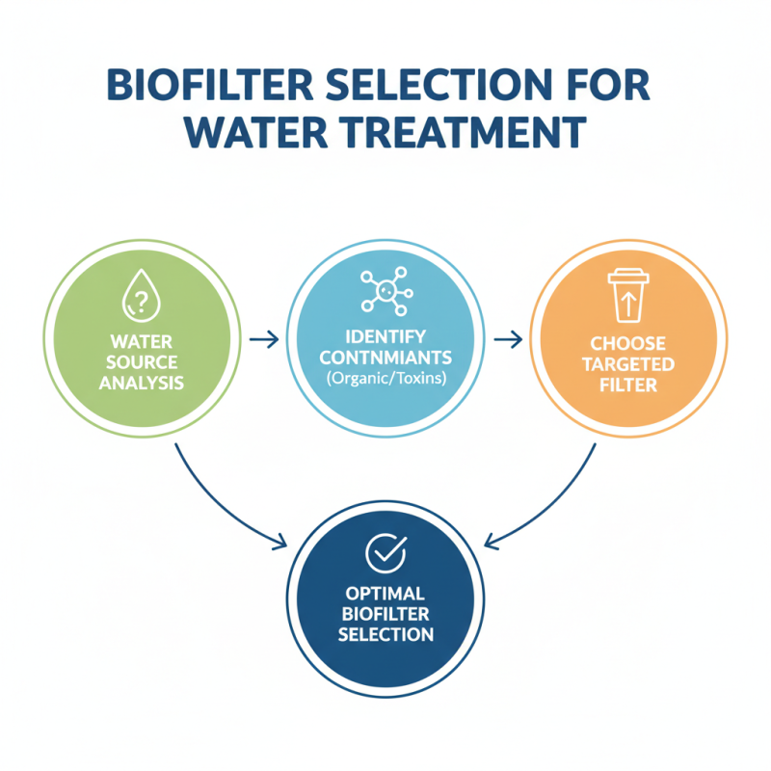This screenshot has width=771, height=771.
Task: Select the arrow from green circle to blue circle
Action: pos(263,338)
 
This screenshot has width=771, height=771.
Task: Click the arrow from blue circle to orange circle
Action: pos(508,338)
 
